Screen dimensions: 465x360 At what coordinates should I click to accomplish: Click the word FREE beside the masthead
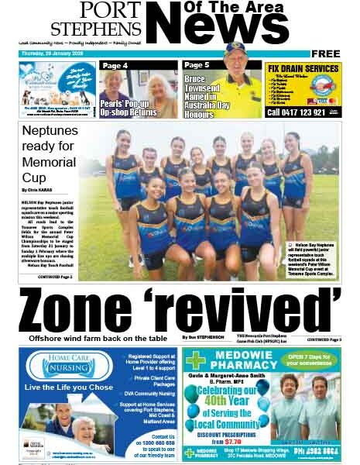[326, 53]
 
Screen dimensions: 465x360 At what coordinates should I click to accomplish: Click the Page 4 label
[115, 66]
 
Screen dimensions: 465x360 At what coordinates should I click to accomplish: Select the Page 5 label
[197, 66]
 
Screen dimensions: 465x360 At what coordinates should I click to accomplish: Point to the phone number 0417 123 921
[302, 112]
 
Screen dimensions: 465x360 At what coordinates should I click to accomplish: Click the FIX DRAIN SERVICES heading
[302, 68]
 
